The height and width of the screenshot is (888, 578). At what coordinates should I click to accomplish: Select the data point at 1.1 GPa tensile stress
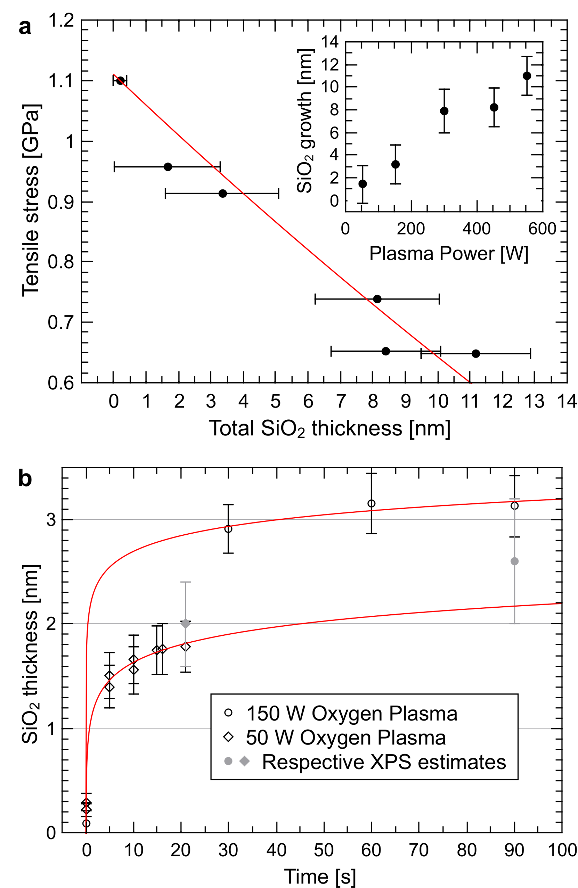(x=120, y=80)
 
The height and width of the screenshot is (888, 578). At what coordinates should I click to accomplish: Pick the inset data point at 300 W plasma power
(x=444, y=111)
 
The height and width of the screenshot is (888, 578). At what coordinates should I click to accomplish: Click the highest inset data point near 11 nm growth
(x=527, y=76)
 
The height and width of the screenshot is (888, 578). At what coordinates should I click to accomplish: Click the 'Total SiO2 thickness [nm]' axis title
(x=330, y=428)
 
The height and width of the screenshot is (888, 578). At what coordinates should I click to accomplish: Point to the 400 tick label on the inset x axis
(x=477, y=228)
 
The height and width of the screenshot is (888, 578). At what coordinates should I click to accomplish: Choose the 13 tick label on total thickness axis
(x=535, y=402)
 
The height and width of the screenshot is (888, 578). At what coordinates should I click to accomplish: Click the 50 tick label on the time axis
(x=324, y=850)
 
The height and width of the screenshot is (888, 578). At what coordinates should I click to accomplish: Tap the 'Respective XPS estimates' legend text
(x=384, y=762)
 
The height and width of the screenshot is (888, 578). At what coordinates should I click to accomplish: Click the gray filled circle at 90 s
(x=514, y=561)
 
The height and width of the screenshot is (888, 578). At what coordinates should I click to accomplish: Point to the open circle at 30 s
(x=228, y=529)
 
